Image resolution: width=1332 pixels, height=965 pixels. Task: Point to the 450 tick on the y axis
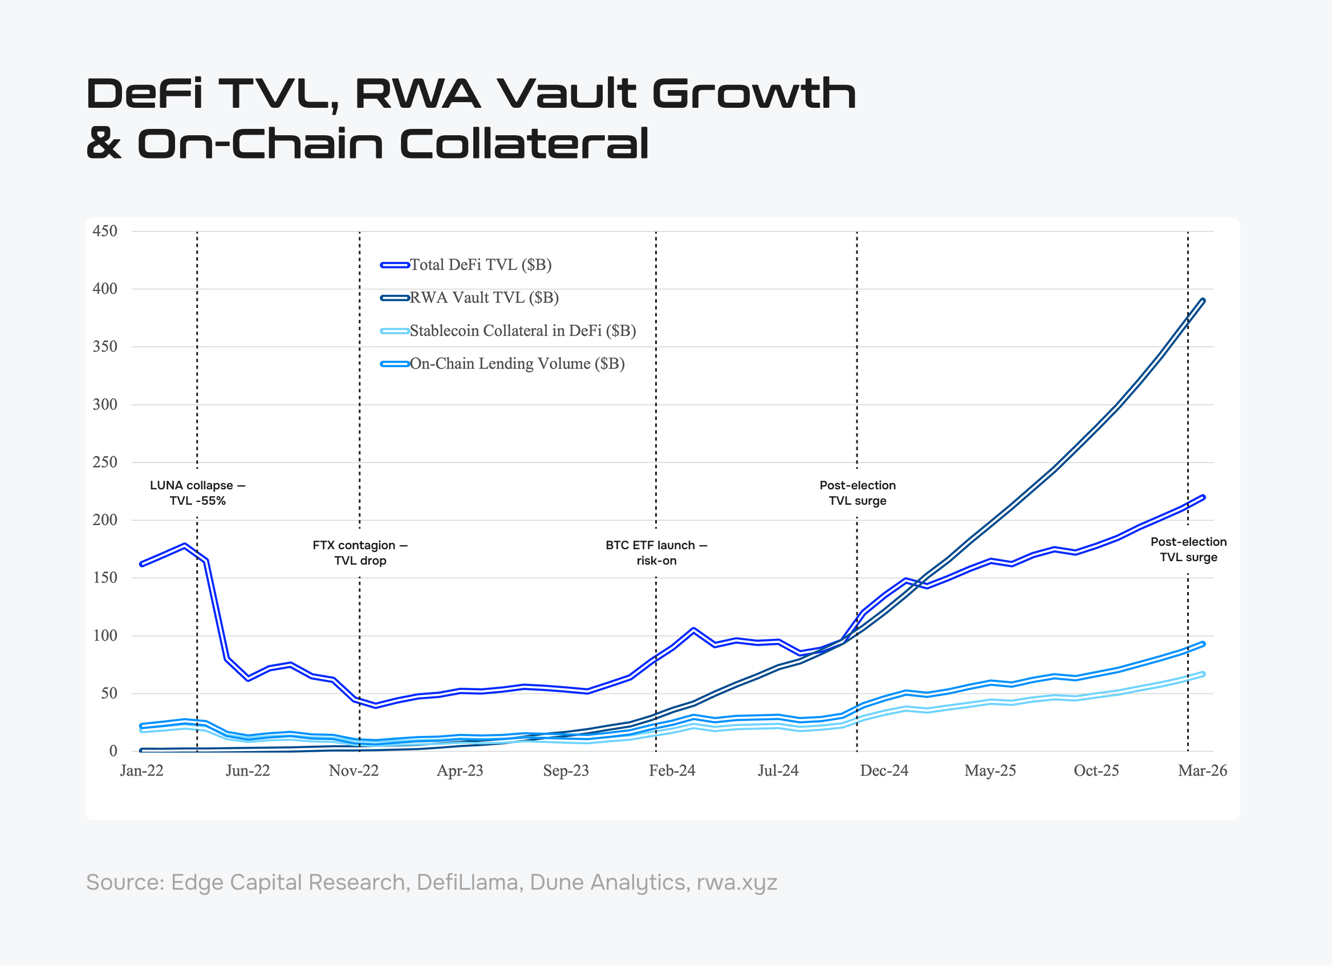pos(105,231)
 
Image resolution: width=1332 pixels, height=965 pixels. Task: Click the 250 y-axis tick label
pos(105,462)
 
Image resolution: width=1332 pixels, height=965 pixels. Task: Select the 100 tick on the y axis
pos(105,635)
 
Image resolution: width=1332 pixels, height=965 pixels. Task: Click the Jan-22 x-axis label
pos(141,771)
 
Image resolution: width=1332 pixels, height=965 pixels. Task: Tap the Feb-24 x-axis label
pos(672,771)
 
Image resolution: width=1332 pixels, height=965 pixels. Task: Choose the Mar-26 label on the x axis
pos(1202,771)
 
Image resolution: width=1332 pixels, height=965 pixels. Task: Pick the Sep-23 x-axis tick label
pos(566,771)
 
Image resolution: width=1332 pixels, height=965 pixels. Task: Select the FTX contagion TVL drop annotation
pos(360,553)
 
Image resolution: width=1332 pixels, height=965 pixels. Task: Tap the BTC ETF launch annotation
pos(656,553)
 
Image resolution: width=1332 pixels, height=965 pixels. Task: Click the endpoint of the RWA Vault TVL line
pos(1203,300)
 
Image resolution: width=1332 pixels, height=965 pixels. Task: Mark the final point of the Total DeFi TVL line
pos(1203,497)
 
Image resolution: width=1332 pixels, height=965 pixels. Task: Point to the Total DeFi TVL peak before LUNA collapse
pos(184,546)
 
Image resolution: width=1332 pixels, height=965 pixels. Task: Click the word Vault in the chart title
pos(566,94)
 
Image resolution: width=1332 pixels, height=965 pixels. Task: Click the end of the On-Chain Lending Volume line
pos(1203,644)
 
